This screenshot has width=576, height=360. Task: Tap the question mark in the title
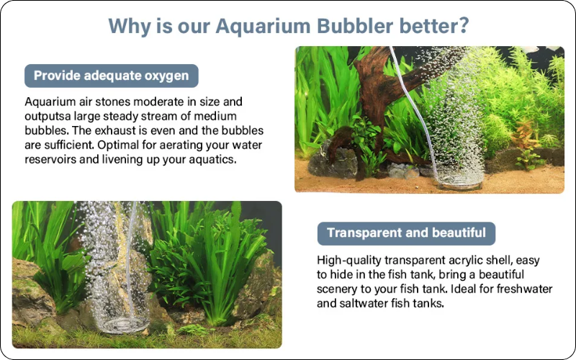(463, 26)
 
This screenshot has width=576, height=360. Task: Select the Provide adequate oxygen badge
(112, 76)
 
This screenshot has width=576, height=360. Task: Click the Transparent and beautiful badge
(406, 233)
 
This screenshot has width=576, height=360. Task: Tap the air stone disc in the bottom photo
(125, 325)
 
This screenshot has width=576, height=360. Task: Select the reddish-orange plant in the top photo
(525, 135)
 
